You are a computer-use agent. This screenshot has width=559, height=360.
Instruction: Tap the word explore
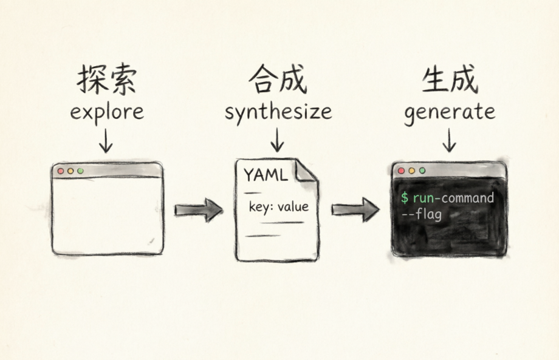point(107,112)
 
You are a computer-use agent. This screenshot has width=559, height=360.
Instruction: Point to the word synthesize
point(278,112)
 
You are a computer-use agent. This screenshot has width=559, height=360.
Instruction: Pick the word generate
point(450,112)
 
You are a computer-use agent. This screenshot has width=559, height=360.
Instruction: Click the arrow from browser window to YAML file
point(198,210)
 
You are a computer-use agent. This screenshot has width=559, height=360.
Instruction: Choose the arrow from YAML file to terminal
point(355,210)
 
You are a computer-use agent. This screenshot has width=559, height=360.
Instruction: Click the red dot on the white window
point(61,171)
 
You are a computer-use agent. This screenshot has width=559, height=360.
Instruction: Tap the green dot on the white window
point(80,171)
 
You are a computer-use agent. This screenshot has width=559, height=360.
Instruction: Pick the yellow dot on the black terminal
point(411,171)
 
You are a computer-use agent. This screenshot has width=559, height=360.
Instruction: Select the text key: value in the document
point(278,207)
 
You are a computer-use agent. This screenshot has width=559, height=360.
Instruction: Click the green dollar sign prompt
point(405,199)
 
